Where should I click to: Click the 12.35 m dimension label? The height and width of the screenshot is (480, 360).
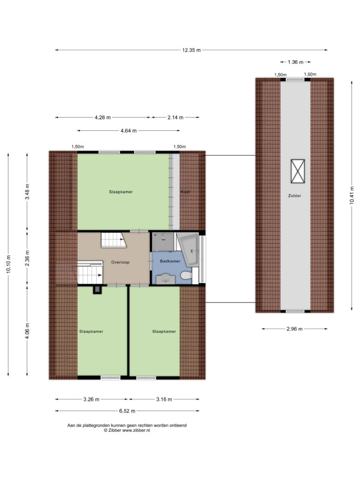click(x=191, y=50)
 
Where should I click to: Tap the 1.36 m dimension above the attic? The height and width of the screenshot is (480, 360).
click(x=295, y=62)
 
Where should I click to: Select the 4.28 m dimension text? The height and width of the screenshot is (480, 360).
click(x=103, y=117)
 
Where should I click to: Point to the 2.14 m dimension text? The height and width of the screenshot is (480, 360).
click(x=175, y=117)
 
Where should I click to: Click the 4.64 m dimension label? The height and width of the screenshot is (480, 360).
click(x=128, y=131)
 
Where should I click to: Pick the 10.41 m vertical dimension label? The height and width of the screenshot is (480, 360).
click(x=352, y=195)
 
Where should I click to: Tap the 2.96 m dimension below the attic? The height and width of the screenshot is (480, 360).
click(x=294, y=329)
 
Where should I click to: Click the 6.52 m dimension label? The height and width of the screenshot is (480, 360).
click(x=127, y=411)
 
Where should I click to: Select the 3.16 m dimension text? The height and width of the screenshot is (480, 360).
click(x=164, y=399)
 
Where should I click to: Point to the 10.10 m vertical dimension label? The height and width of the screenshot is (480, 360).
click(x=8, y=264)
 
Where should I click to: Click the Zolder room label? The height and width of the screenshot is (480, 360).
click(x=294, y=195)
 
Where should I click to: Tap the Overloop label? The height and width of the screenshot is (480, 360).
click(x=120, y=262)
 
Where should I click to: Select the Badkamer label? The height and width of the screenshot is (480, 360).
click(x=170, y=261)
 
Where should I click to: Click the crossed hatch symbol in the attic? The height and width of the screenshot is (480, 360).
click(x=298, y=171)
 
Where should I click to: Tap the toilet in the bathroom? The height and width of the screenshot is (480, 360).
click(x=186, y=276)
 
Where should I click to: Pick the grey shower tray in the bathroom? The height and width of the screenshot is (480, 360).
click(x=163, y=241)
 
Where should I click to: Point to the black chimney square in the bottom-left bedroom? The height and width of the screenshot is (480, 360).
click(x=97, y=290)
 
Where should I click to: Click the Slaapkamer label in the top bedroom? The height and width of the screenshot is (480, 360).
click(x=121, y=192)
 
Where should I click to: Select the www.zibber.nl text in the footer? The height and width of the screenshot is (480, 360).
click(x=136, y=430)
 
